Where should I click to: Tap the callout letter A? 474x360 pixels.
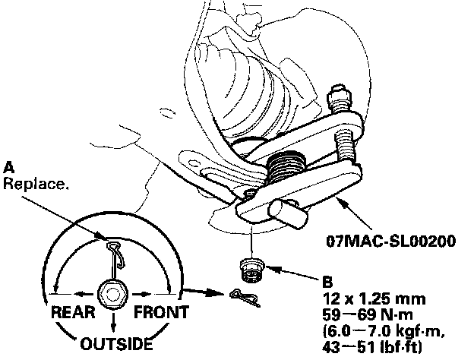8,166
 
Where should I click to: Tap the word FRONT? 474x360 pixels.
161,312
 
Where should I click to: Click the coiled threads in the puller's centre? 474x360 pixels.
286,164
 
